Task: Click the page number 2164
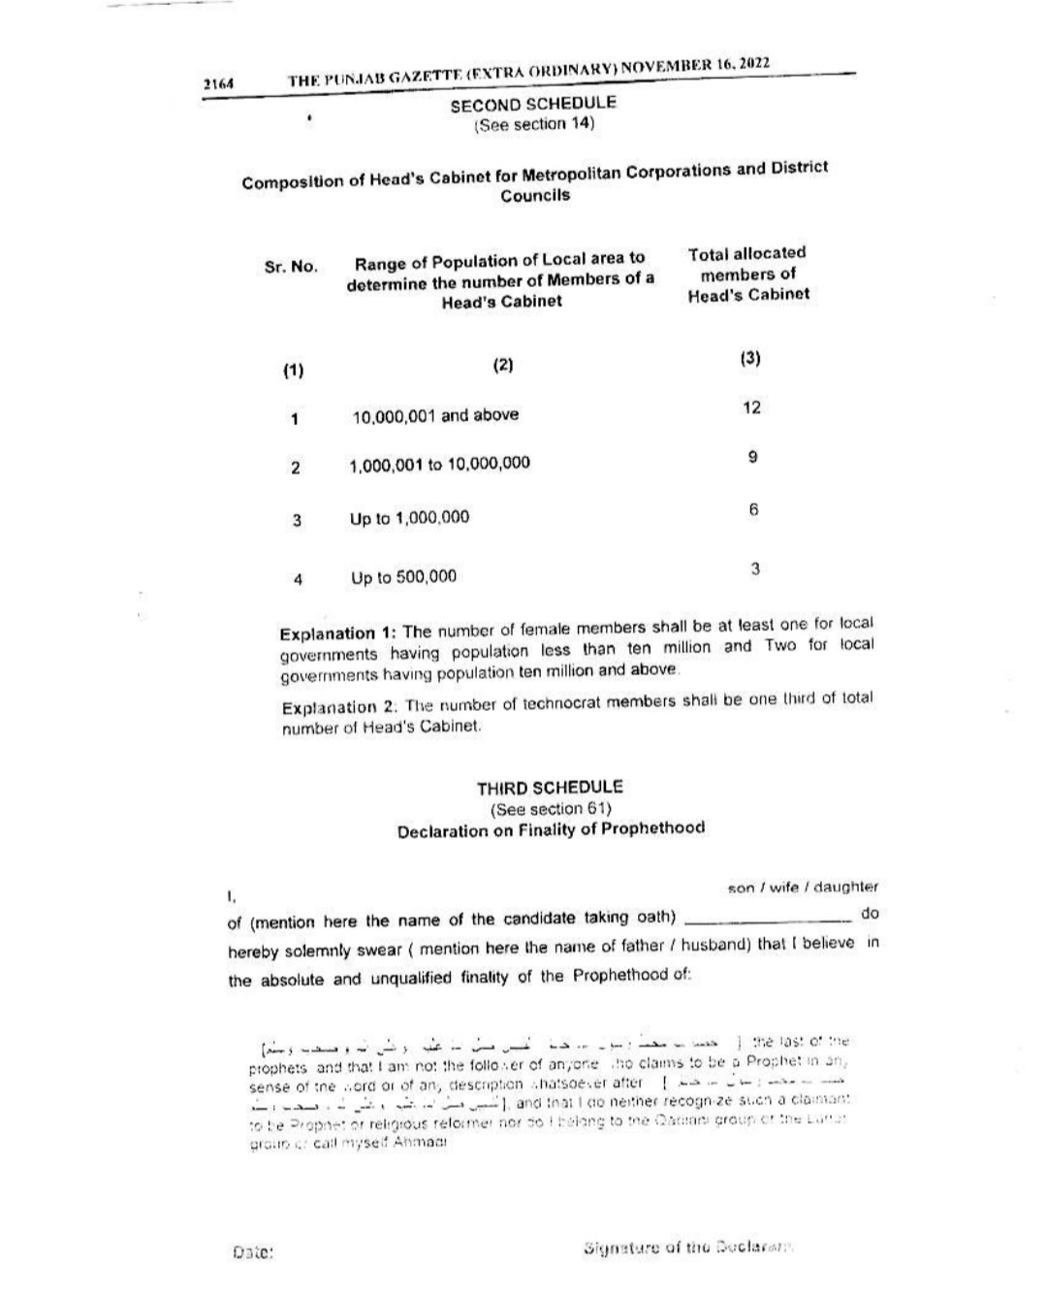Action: coord(218,84)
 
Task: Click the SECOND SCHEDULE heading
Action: coord(533,104)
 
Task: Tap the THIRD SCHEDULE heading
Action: coord(550,788)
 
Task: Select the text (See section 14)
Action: coord(533,124)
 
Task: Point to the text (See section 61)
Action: coord(550,809)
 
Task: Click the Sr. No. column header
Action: coord(291,267)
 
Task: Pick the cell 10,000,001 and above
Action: coord(435,415)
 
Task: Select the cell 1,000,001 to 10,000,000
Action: coord(440,464)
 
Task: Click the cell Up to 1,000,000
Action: coord(409,518)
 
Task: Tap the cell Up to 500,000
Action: coord(403,577)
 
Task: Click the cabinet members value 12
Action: coord(751,407)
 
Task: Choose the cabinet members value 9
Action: coord(753,457)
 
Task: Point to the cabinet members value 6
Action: coord(753,510)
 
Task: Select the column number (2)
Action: coord(502,366)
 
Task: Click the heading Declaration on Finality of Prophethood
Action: coord(551,830)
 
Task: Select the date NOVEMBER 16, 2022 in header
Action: coord(695,66)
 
